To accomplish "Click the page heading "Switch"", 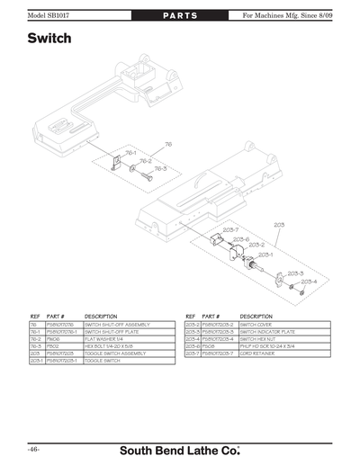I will pos(49,40).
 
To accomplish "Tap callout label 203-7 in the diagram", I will pos(231,230).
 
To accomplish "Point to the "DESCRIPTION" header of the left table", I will pos(101,317).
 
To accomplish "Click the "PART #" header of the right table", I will pos(211,317).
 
